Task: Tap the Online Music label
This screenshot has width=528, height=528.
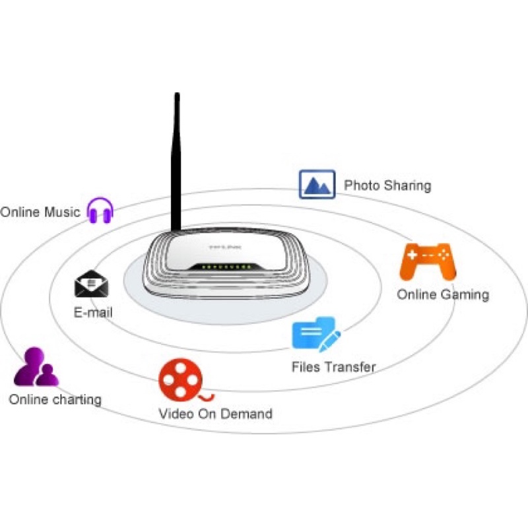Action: click(x=40, y=212)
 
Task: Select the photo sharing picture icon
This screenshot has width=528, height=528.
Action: click(x=317, y=184)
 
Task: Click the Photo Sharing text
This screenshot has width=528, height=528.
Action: click(x=387, y=185)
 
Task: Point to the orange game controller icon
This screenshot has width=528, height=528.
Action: click(x=428, y=261)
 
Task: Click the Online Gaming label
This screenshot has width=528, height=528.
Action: click(x=443, y=294)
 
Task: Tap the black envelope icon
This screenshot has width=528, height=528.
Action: click(x=92, y=284)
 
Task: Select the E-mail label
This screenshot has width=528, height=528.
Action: click(x=93, y=312)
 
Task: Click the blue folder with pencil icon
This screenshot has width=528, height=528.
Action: click(x=316, y=334)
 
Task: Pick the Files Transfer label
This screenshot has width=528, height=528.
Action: click(x=333, y=367)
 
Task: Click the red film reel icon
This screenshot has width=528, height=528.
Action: click(x=185, y=380)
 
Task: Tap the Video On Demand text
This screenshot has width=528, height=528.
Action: click(x=215, y=414)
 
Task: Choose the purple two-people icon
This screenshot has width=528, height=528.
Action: click(x=36, y=367)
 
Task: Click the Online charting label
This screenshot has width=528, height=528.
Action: click(x=55, y=400)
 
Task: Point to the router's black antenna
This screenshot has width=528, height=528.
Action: click(x=176, y=162)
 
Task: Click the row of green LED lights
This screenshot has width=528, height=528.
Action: click(x=226, y=267)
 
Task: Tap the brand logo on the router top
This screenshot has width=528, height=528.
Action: click(x=225, y=247)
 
